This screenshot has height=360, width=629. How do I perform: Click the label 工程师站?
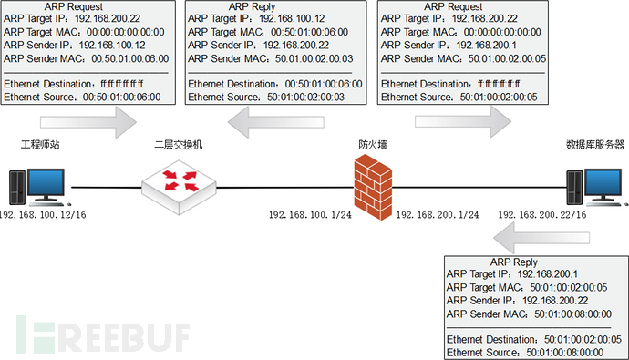click(41, 144)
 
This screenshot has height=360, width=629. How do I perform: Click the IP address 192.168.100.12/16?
click(44, 215)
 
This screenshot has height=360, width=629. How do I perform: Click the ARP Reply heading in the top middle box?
click(257, 6)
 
